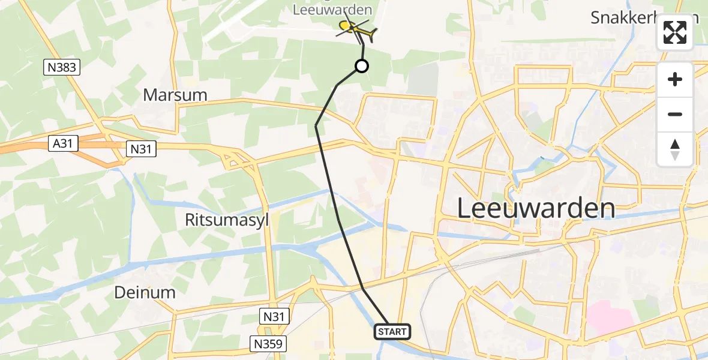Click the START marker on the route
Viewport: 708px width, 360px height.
(393, 331)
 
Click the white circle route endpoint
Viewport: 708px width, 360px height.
(362, 66)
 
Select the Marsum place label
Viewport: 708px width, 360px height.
(175, 95)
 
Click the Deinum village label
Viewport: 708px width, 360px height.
(145, 293)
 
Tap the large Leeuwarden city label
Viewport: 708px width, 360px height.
(536, 209)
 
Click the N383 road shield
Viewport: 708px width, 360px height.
(62, 67)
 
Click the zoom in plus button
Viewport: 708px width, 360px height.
(675, 80)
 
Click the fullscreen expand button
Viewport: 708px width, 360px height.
(675, 32)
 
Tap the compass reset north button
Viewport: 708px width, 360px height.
(675, 149)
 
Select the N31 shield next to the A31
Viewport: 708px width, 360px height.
(141, 149)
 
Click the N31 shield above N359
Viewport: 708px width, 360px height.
(275, 316)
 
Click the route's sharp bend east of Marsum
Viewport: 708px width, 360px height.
(316, 125)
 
